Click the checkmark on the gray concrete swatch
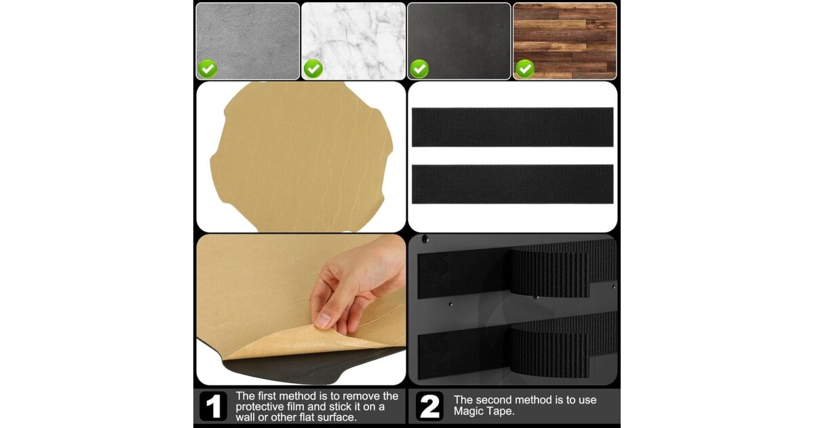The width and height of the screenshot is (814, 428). (x=208, y=69)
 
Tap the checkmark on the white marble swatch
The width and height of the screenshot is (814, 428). (x=313, y=69)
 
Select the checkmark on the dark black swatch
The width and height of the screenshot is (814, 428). (x=419, y=69)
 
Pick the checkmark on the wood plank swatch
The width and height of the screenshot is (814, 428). (x=525, y=69)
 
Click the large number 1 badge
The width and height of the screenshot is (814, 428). (x=213, y=406)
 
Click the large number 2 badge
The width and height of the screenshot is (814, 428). (x=429, y=406)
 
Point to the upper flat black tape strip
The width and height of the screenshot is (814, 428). (x=512, y=127)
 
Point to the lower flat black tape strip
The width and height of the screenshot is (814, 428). (x=512, y=184)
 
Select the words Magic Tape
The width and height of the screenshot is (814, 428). (x=484, y=412)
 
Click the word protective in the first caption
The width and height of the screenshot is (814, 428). (x=263, y=406)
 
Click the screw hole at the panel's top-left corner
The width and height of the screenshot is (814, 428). (x=425, y=239)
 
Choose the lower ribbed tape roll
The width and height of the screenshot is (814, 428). (x=563, y=346)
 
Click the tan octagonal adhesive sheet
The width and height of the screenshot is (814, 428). (x=301, y=157)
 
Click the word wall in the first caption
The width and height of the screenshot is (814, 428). (x=246, y=417)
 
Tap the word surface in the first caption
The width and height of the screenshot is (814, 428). (x=337, y=417)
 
